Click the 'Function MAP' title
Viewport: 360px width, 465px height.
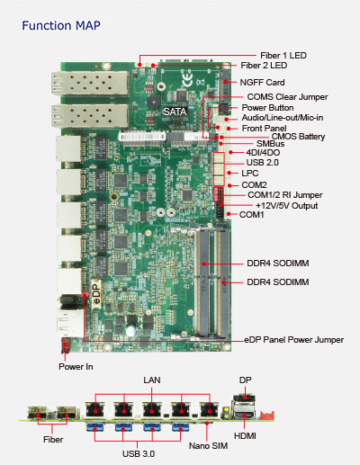click(61, 26)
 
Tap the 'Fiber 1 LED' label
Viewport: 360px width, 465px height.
click(283, 56)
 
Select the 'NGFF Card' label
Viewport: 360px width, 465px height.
click(262, 83)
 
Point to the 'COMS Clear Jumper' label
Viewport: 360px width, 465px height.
click(287, 97)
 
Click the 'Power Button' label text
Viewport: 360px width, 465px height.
click(267, 108)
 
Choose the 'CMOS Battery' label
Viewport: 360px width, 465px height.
click(298, 137)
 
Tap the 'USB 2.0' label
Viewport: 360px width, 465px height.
click(262, 163)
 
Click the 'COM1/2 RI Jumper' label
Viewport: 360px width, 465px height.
click(285, 195)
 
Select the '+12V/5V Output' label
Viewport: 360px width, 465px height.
click(286, 206)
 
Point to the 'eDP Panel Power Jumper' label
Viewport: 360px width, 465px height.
click(294, 340)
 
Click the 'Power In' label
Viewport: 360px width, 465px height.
click(76, 367)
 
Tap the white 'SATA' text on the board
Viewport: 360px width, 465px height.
click(175, 112)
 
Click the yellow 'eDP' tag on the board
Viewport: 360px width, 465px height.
click(96, 293)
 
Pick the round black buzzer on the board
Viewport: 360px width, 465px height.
click(153, 103)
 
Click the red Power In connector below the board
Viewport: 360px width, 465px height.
click(65, 345)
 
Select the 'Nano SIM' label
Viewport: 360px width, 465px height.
click(208, 446)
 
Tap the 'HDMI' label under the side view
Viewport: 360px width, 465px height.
click(245, 436)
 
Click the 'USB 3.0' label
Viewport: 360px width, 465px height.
click(139, 454)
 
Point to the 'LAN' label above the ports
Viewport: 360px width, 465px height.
click(152, 380)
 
